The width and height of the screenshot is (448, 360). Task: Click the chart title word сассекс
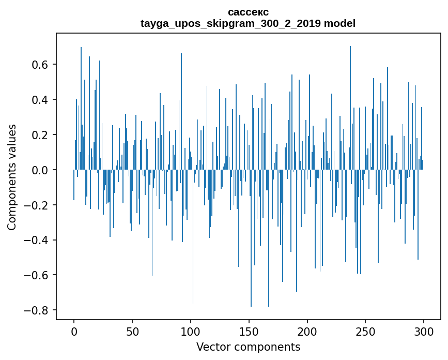(x=248, y=12)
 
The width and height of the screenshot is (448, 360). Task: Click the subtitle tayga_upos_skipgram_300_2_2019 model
(x=248, y=23)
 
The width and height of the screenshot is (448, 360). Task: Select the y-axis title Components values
(x=12, y=177)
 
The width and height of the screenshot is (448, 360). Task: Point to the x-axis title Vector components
(x=248, y=347)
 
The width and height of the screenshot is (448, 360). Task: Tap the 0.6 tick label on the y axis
(x=40, y=65)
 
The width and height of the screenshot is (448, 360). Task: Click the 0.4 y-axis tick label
(x=40, y=100)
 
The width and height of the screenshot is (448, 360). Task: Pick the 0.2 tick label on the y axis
(x=40, y=135)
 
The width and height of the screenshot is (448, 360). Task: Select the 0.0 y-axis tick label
(x=40, y=170)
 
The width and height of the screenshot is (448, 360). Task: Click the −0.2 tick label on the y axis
(x=37, y=205)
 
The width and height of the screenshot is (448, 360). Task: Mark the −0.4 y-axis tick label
(x=37, y=240)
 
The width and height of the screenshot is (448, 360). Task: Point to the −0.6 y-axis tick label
(x=37, y=275)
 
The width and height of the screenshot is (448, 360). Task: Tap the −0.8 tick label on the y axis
(x=37, y=310)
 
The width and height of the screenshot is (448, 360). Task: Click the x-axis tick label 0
(x=74, y=331)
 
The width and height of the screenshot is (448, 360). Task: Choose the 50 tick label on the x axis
(x=132, y=331)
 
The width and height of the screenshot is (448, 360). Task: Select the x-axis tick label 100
(x=191, y=331)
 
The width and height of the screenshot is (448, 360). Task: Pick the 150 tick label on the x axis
(x=249, y=331)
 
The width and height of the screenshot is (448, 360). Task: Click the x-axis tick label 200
(x=307, y=331)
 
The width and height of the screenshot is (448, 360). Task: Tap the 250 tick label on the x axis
(x=365, y=331)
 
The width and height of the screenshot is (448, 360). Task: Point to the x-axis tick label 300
(x=424, y=331)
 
